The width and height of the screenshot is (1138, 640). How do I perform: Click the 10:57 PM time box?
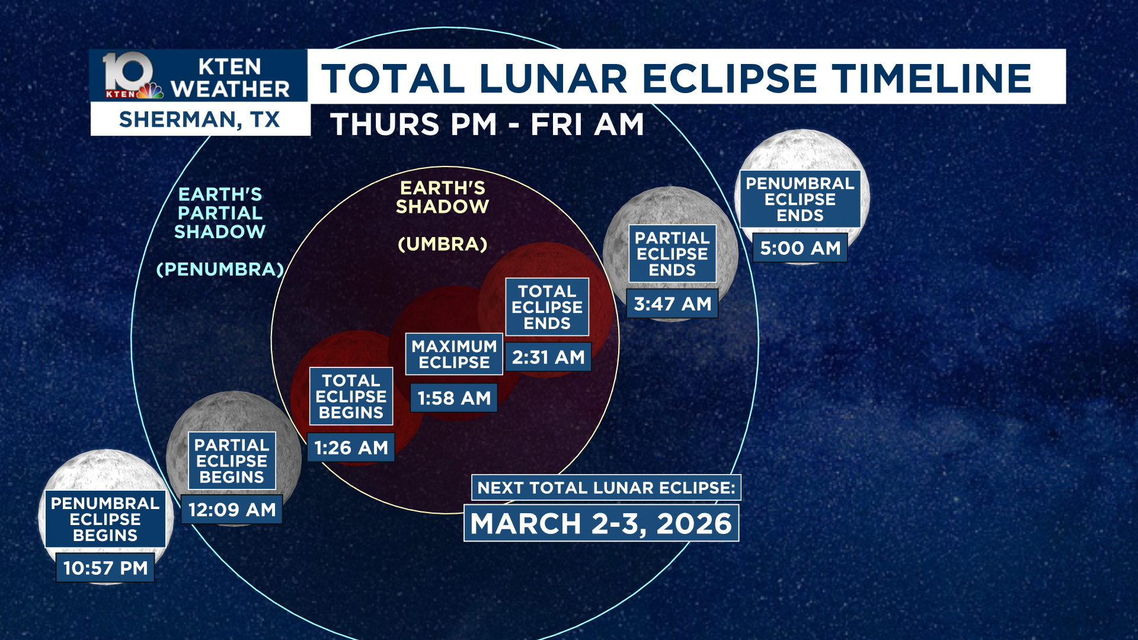(x=105, y=568)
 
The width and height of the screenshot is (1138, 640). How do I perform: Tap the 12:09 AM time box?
(x=232, y=510)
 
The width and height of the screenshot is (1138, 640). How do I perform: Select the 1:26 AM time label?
(x=351, y=447)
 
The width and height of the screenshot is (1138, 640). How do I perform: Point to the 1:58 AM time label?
(x=454, y=398)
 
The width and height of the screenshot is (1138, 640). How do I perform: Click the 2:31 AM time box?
(x=548, y=357)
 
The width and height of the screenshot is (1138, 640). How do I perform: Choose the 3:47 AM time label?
(x=672, y=303)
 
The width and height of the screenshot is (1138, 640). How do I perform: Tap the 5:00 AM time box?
(x=800, y=248)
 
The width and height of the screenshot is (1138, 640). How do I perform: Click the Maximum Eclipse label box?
(x=454, y=354)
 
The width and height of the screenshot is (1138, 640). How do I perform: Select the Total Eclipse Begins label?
(x=351, y=396)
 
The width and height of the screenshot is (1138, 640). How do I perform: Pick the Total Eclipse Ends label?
(x=547, y=307)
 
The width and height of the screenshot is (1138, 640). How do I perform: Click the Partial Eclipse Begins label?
(x=232, y=461)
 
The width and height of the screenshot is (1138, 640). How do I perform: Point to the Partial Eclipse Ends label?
(x=672, y=254)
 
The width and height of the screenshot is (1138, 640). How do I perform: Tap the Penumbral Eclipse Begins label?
(x=105, y=519)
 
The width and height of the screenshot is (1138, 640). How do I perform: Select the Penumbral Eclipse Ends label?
(x=800, y=199)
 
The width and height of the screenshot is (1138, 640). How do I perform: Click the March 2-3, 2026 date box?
(x=601, y=523)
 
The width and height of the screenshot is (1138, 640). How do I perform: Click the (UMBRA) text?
(x=443, y=244)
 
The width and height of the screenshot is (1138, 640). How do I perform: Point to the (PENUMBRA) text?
(x=220, y=269)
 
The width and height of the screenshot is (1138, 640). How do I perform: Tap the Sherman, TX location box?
(x=200, y=119)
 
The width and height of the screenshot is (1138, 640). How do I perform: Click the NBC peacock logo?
(x=151, y=91)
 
